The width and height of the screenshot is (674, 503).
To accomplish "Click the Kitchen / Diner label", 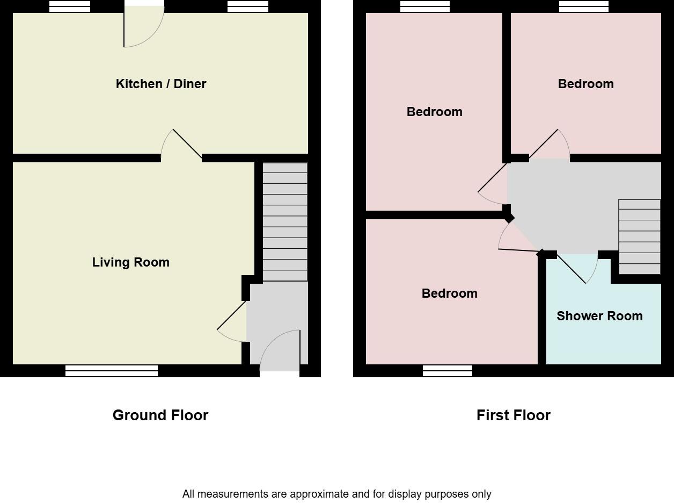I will [161, 84].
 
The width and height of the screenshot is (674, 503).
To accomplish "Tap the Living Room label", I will [130, 262].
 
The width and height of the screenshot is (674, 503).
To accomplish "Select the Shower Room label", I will [599, 316].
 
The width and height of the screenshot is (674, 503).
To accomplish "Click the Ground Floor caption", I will [160, 415].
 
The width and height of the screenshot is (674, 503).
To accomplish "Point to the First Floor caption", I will [513, 415].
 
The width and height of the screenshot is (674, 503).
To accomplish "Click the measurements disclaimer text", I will [336, 494].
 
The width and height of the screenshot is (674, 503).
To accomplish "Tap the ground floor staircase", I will [285, 221].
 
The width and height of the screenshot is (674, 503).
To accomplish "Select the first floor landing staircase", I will [639, 237].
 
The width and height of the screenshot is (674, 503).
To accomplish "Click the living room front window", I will [112, 370].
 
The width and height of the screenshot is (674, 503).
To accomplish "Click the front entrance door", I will [280, 349].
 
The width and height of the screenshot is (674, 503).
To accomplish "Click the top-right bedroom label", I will [585, 84].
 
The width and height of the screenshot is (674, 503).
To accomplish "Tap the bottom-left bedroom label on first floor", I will [449, 293].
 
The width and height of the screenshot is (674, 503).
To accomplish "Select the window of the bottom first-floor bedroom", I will [447, 371].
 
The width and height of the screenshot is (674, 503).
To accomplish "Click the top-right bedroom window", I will [584, 6].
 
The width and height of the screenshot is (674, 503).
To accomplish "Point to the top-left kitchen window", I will [70, 6].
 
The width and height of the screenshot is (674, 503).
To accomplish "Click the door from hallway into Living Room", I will [232, 322].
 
